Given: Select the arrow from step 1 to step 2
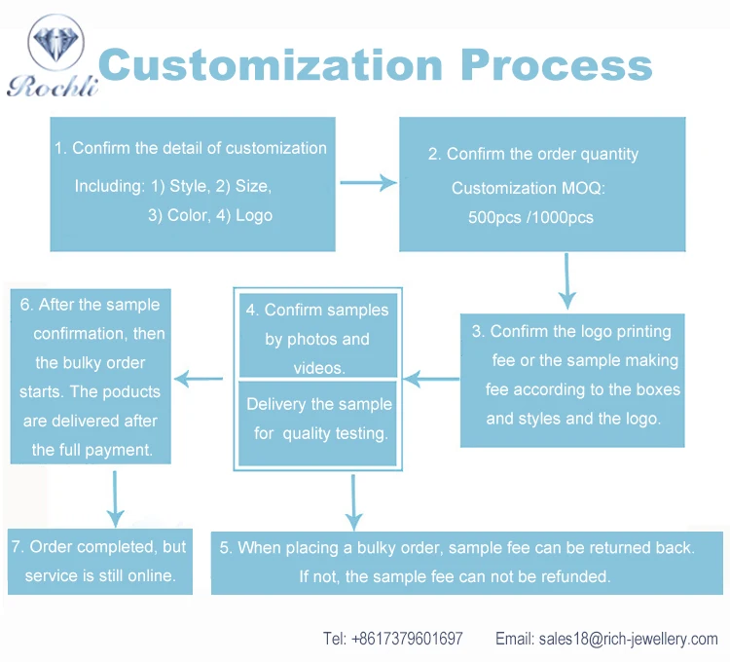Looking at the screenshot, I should pos(367,183).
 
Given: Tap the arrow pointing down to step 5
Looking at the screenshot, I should pos(354,502).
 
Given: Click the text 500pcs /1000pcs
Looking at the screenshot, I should pos(530,218).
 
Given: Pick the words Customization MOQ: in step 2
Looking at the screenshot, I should pos(529,188).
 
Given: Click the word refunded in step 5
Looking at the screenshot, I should pos(577,576).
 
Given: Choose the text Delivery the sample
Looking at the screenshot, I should pos(318,404).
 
